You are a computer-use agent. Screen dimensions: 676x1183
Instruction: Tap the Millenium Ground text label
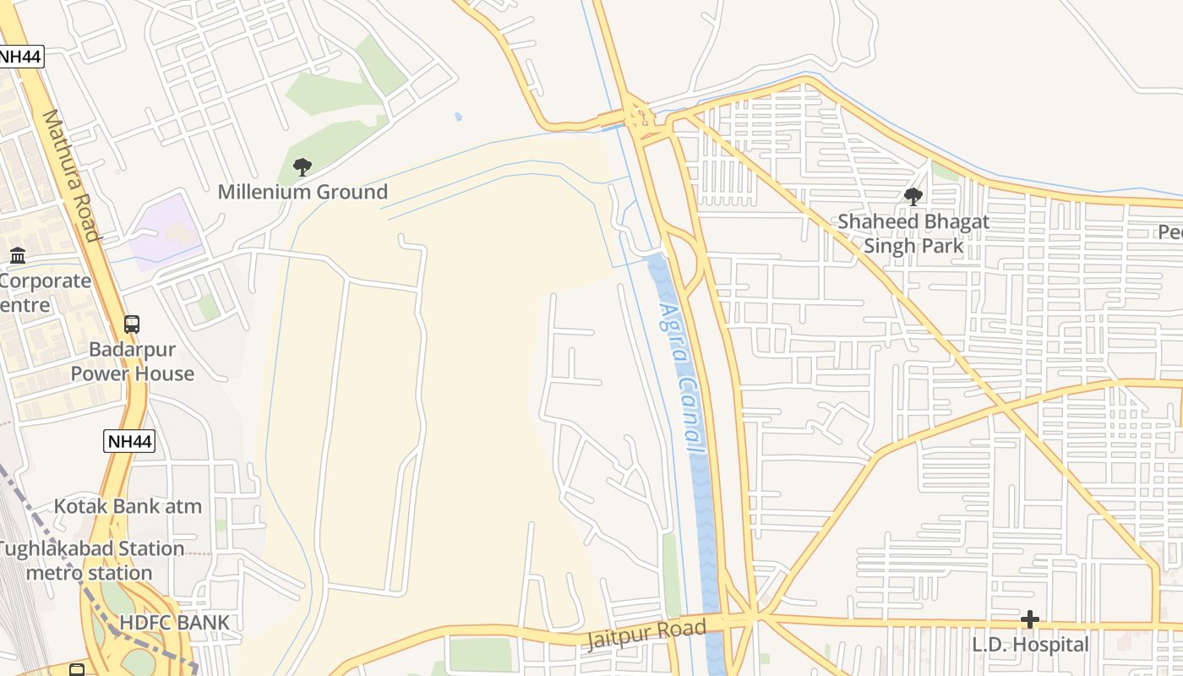[303, 192]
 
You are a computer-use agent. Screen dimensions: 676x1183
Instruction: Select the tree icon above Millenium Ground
[302, 166]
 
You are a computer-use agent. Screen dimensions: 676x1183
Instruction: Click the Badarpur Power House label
[132, 362]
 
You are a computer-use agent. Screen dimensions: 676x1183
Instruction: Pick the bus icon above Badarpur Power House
[131, 324]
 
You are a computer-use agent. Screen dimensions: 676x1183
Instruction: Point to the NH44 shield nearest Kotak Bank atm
[129, 440]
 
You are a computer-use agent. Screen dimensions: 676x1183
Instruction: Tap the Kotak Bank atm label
[128, 506]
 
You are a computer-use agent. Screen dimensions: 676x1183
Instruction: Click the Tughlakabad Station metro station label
[90, 560]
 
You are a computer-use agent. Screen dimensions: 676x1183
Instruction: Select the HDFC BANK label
[174, 623]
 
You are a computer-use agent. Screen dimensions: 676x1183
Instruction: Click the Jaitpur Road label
[644, 634]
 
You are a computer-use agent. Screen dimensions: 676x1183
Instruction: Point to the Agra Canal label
[681, 380]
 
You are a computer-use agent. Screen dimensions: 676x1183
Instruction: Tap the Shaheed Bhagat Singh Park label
[913, 234]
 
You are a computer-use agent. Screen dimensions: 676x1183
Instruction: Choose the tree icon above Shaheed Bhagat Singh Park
[913, 197]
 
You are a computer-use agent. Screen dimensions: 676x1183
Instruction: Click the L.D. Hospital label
[1030, 645]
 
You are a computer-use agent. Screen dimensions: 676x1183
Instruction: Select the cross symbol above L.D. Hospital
[1029, 619]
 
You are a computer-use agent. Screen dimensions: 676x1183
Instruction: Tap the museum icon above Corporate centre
[18, 255]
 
